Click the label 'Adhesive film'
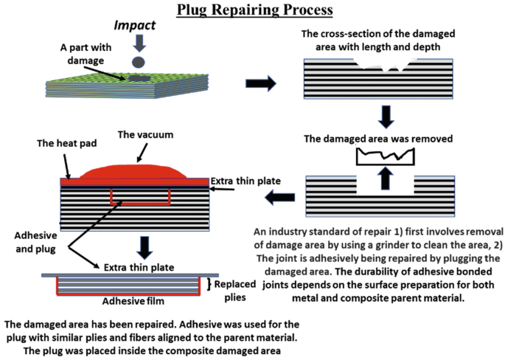(134, 301)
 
